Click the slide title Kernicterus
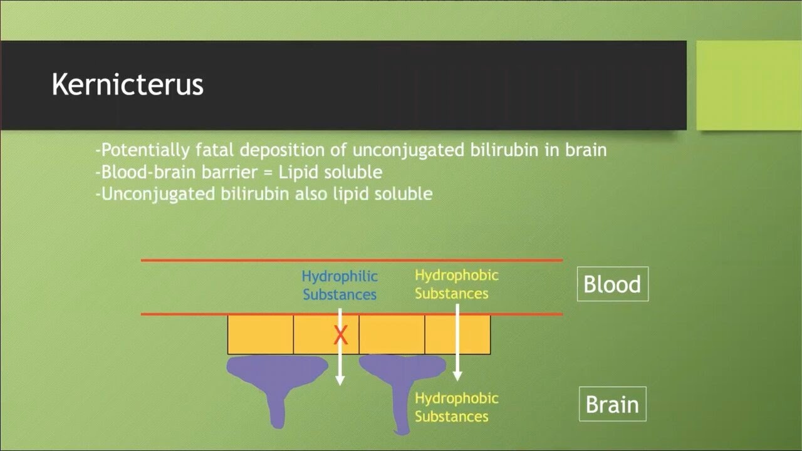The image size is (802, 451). pos(127,85)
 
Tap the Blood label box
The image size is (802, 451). pos(612,284)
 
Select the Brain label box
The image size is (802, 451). pos(612,405)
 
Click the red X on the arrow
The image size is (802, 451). pos(340,336)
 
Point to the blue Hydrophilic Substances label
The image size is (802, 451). pos(340,285)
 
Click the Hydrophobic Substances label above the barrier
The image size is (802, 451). pos(456,284)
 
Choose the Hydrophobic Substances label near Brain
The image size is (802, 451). pos(456,407)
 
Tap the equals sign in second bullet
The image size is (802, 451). pos(266,172)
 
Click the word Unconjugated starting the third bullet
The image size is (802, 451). pos(158,193)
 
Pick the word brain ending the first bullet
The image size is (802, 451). pos(585,150)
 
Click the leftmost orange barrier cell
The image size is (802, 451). pos(260,334)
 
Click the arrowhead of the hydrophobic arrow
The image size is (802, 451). pos(457,376)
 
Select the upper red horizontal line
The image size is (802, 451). pos(351,260)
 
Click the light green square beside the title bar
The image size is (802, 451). pos(749,85)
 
